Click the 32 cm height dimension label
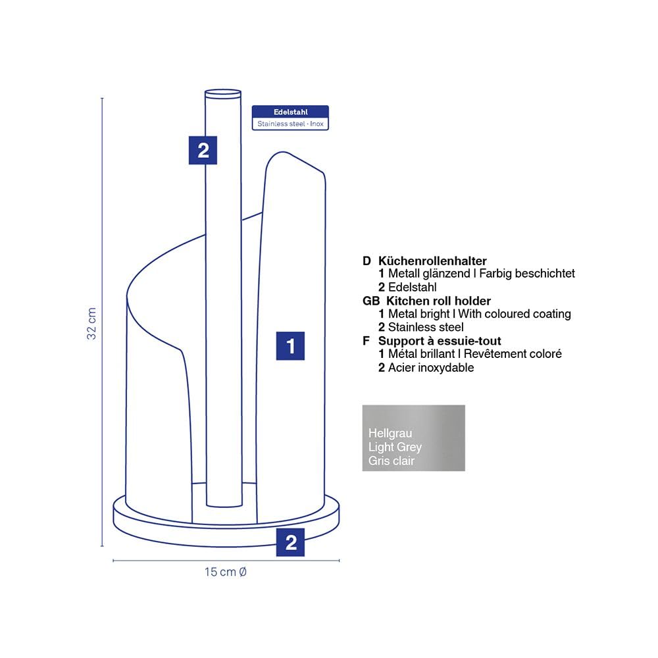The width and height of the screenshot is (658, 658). click(91, 323)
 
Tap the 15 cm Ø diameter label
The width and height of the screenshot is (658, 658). click(225, 572)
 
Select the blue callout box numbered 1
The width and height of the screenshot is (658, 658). click(290, 346)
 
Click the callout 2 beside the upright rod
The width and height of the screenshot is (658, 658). click(203, 150)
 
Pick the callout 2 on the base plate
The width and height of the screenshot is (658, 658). click(290, 542)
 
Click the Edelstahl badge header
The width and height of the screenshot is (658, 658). click(290, 112)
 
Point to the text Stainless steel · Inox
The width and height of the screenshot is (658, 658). click(290, 124)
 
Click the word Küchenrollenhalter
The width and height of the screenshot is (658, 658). click(432, 261)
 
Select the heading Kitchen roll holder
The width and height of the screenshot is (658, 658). click(438, 301)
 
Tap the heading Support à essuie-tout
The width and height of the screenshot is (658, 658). click(440, 341)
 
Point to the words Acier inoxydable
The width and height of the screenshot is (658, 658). click(431, 368)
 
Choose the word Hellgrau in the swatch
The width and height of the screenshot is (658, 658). click(390, 433)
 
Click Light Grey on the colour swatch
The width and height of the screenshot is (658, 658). click(395, 447)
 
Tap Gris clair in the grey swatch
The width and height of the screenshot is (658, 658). click(392, 461)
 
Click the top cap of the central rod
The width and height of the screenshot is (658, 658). click(223, 93)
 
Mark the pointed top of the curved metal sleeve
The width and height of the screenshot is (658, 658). click(282, 153)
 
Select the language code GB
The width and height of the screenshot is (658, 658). click(371, 301)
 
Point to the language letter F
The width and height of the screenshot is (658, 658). click(366, 341)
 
